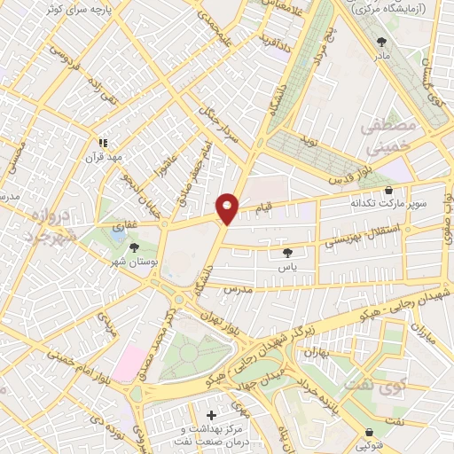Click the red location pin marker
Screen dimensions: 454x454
[x=227, y=207]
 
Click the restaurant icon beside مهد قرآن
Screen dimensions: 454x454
[x=103, y=141]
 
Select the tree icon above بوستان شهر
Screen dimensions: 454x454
[x=134, y=249]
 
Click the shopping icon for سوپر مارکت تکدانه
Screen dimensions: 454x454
[x=388, y=190]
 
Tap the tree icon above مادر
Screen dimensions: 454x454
[x=382, y=41]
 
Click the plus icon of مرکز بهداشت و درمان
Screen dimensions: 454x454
[x=210, y=415]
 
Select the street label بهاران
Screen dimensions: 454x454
[x=317, y=352]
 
